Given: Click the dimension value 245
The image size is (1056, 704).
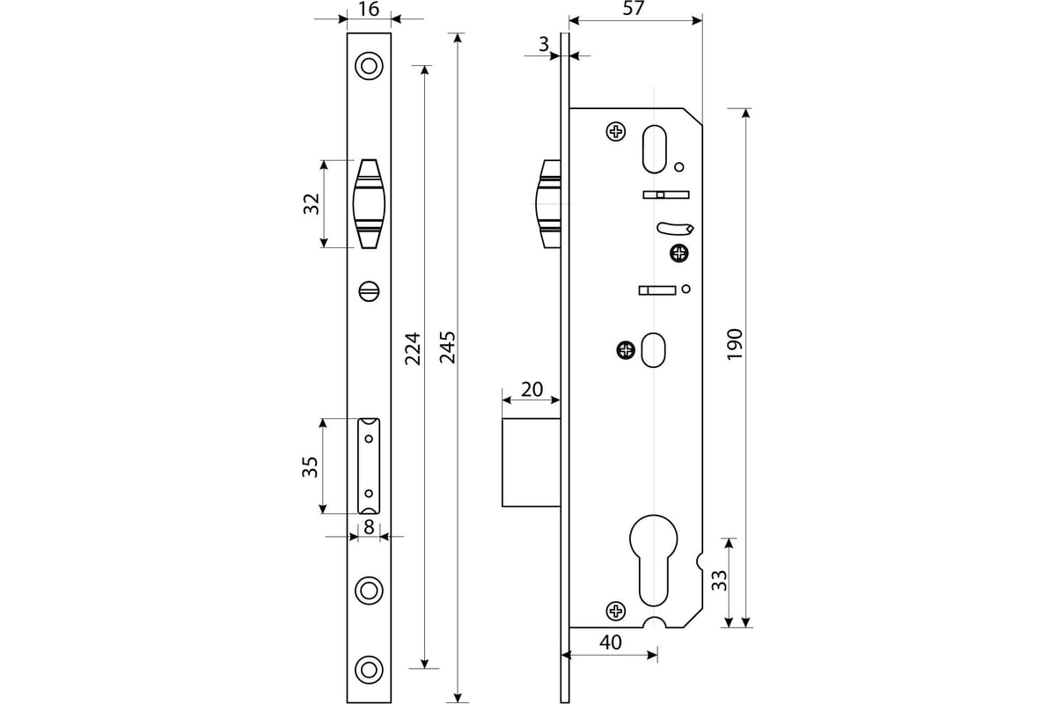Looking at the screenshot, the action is click(x=447, y=347).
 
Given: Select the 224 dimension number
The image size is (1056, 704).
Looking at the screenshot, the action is click(x=413, y=349).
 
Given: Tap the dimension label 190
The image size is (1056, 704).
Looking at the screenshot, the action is click(x=735, y=345).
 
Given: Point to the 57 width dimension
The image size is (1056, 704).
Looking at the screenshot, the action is click(x=633, y=8).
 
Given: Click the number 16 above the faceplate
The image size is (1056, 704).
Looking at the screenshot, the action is click(x=369, y=9).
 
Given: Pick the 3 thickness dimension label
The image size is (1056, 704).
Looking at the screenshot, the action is click(x=544, y=44).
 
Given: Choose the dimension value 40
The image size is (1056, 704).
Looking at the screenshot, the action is click(x=611, y=642).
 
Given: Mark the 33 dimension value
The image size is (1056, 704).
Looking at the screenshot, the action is click(x=720, y=581).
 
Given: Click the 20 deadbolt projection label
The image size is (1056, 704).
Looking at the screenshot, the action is click(x=532, y=390).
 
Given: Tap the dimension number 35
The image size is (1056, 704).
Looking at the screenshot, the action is click(x=310, y=466).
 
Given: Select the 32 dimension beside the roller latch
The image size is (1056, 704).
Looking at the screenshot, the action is click(x=312, y=203).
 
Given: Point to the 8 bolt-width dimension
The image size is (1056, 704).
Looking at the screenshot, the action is click(x=369, y=527).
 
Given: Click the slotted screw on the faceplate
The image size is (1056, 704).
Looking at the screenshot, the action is click(x=369, y=291).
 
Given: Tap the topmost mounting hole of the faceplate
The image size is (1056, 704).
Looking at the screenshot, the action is click(x=369, y=66).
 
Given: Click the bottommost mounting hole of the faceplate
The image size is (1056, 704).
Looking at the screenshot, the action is click(x=369, y=670).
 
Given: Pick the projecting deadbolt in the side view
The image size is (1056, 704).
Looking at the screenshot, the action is click(x=532, y=463).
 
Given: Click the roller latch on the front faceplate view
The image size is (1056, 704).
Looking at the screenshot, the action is click(x=369, y=203).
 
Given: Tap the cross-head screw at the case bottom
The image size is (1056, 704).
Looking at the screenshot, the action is click(x=616, y=611).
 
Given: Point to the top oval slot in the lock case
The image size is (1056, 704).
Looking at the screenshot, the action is click(x=655, y=149).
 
